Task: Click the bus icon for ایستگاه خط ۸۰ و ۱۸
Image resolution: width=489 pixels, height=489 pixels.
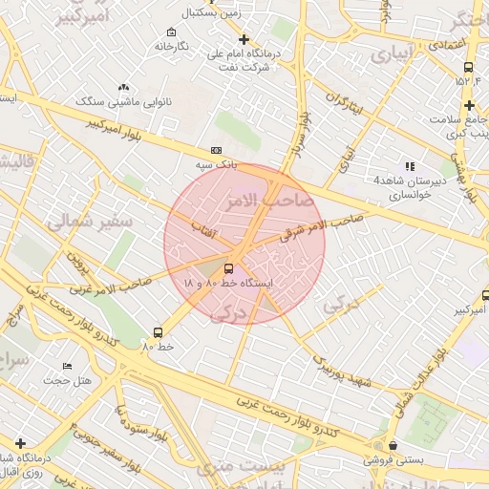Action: coord(228,268)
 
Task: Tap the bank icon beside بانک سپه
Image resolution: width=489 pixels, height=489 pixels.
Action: coord(216,150)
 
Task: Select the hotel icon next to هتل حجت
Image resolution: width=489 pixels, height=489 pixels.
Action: coord(67,366)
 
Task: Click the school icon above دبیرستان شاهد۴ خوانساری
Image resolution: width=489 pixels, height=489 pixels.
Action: coord(410,166)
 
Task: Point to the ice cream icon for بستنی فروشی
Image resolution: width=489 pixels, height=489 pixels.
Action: coord(393,444)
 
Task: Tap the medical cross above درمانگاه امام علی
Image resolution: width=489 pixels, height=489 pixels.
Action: coord(244,39)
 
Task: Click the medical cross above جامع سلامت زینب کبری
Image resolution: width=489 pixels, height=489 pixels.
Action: coord(469,104)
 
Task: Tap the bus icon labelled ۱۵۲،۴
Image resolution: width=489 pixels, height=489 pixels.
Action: coord(468,67)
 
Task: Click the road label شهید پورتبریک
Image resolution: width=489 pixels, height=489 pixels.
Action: coord(343,372)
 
